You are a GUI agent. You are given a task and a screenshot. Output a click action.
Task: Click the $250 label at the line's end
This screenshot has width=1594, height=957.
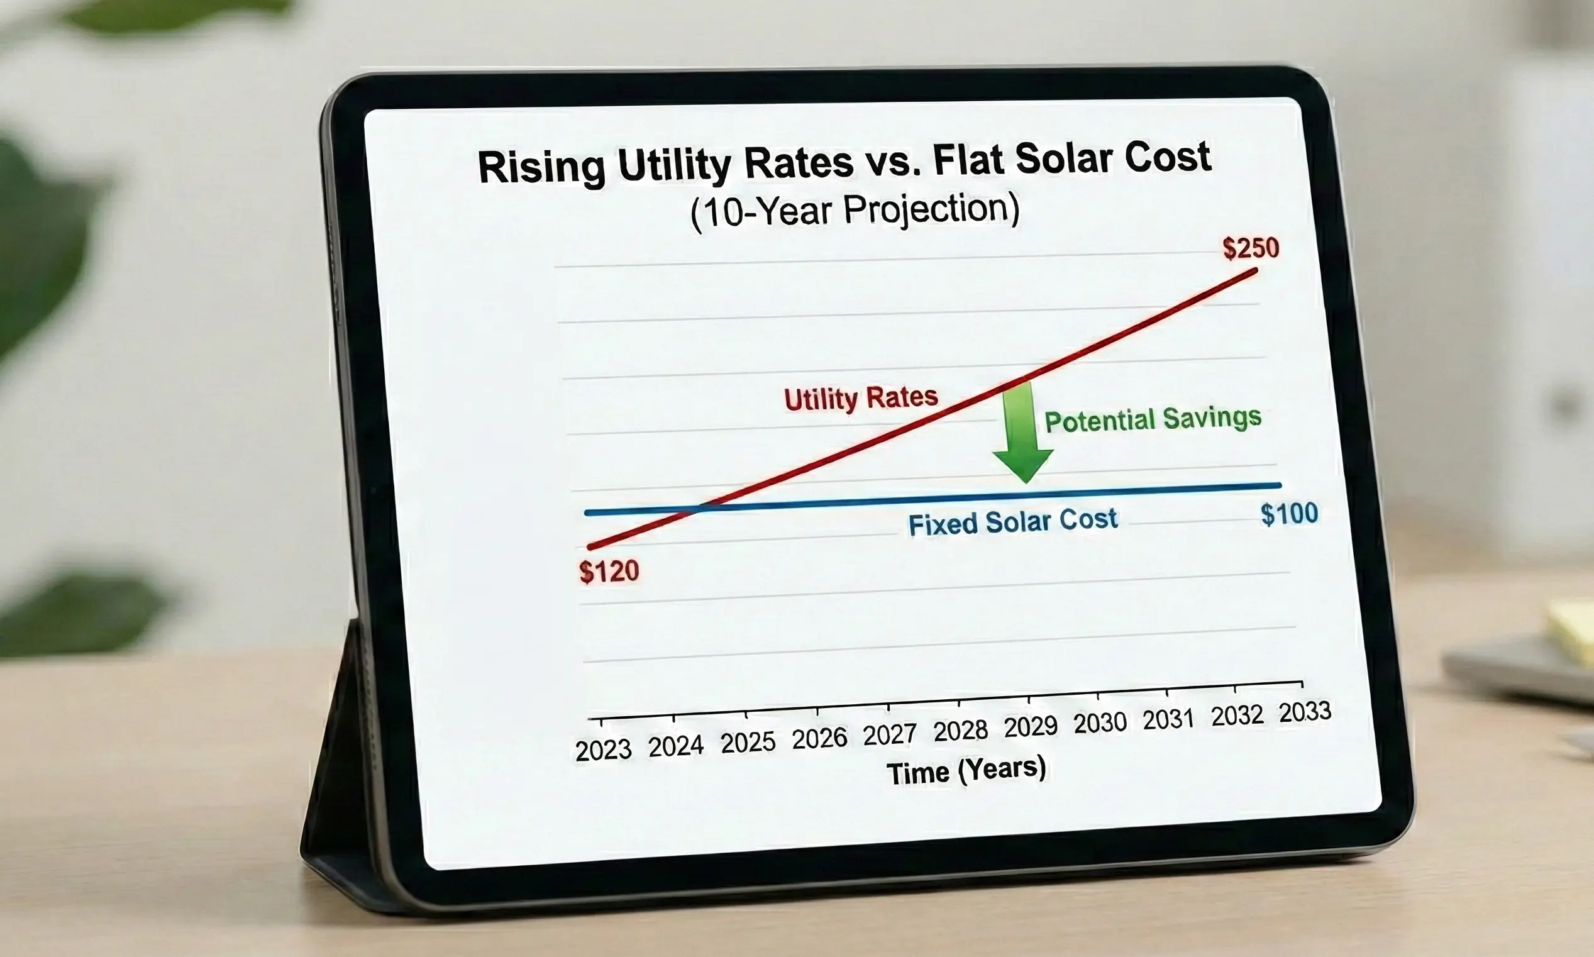click(x=1250, y=248)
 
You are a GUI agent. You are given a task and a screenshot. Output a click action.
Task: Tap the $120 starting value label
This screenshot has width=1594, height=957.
click(x=609, y=572)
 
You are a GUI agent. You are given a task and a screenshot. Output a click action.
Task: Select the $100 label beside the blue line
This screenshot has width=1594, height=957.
click(x=1289, y=514)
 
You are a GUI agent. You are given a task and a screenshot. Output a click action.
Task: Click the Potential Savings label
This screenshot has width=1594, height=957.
click(x=1153, y=419)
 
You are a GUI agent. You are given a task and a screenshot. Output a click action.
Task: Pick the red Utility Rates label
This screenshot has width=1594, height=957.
click(x=861, y=398)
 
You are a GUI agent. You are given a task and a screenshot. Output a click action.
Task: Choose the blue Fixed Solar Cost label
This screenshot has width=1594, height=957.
click(x=1012, y=522)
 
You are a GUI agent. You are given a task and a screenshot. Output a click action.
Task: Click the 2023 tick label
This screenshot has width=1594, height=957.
click(x=603, y=750)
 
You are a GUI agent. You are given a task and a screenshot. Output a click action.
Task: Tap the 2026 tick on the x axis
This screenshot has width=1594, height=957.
click(x=819, y=738)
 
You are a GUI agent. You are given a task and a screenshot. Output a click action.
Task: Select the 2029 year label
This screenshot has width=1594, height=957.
click(x=1031, y=727)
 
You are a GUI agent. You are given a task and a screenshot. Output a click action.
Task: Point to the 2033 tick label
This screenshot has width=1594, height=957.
click(x=1305, y=712)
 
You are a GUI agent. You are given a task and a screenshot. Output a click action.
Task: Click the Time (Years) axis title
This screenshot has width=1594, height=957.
click(x=965, y=771)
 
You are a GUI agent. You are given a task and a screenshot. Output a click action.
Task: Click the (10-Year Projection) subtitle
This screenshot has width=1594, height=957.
click(x=855, y=210)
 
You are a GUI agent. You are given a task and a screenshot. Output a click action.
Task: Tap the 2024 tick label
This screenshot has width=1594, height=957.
click(x=675, y=746)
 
